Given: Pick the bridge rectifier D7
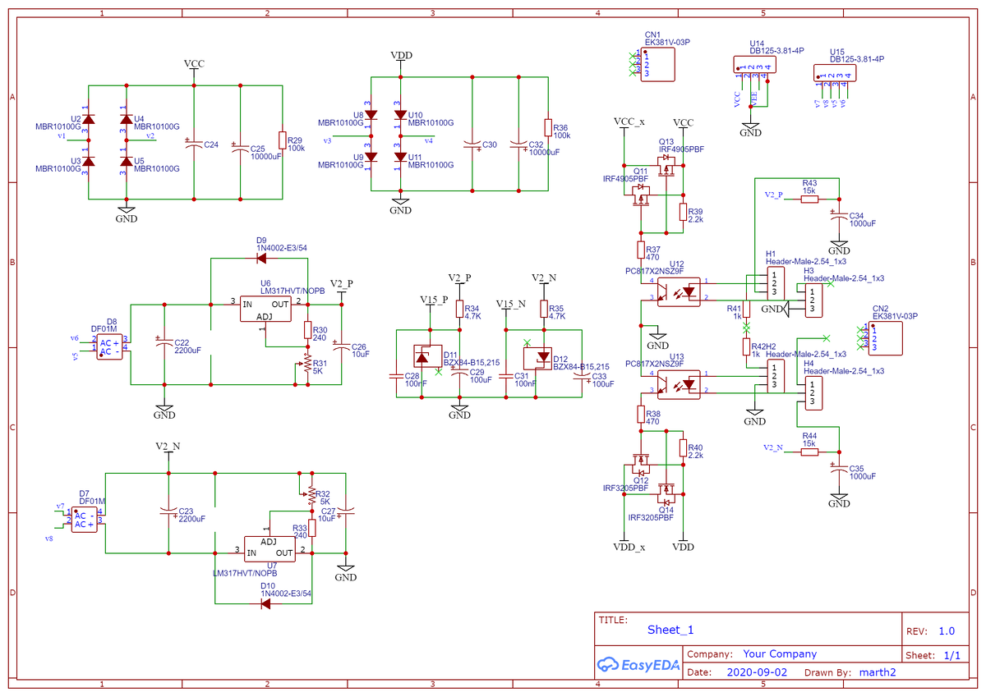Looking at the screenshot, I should [84, 520].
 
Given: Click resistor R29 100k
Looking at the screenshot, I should [282, 140].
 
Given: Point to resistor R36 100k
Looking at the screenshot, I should [547, 127].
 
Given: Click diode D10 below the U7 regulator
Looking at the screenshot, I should [265, 603].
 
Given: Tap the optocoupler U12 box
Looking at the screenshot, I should [679, 291].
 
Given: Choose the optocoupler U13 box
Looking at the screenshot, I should [679, 383].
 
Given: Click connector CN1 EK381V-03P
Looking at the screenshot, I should [657, 64].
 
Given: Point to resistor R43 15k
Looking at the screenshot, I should [809, 199].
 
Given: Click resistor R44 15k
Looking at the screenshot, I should [809, 451].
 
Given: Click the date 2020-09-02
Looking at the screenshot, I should [758, 672].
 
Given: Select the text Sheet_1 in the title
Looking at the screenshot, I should [670, 630].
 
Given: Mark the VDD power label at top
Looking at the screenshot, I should [401, 56].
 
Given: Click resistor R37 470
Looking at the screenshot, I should [641, 250].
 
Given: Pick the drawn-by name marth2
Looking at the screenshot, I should [877, 672].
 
